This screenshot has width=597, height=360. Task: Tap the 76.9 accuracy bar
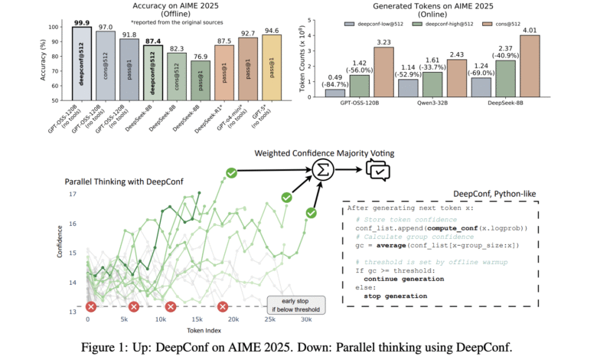(x=201, y=80)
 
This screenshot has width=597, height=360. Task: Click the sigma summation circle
(x=325, y=172)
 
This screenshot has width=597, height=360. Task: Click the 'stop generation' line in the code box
(x=395, y=296)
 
